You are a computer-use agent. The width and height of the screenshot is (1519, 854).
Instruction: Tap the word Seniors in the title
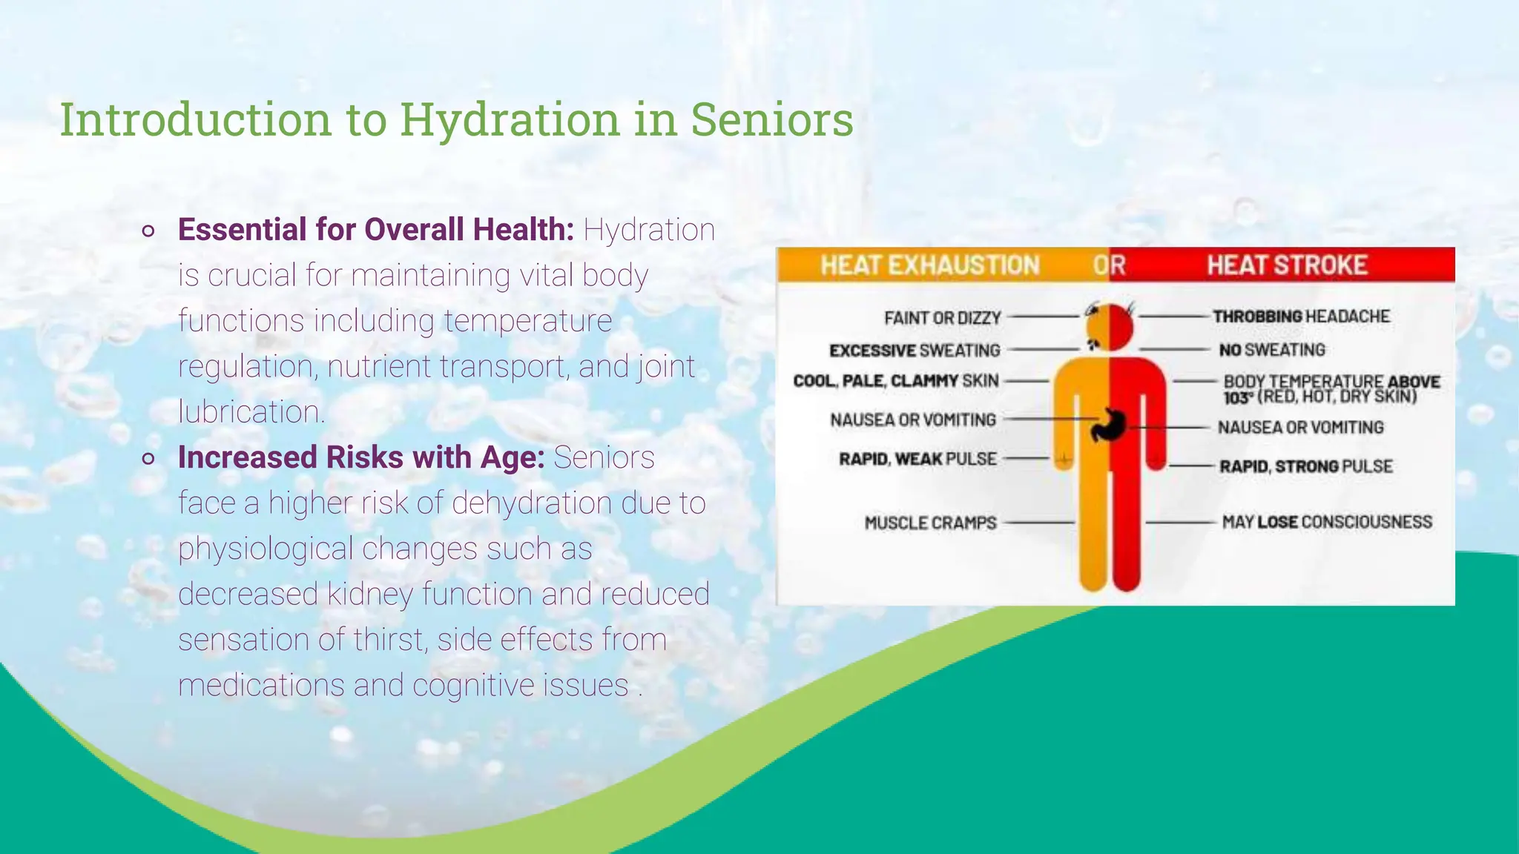[x=772, y=120]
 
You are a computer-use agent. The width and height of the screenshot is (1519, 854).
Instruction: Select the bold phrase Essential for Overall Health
[x=376, y=230]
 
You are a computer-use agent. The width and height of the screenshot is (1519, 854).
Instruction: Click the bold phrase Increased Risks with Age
[x=361, y=457]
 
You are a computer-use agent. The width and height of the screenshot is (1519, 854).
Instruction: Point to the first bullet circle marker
[x=148, y=231]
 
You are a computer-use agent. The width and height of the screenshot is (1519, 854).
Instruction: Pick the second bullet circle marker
[x=148, y=459]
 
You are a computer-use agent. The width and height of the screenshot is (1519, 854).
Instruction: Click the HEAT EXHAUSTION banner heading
[x=929, y=265]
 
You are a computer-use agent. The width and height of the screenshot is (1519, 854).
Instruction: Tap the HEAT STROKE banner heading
[x=1287, y=265]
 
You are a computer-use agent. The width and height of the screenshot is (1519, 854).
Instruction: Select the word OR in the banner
[x=1109, y=265]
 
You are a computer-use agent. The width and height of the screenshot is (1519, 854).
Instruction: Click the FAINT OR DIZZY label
[x=942, y=318]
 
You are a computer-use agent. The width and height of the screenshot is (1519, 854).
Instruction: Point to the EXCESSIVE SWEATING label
[x=915, y=350]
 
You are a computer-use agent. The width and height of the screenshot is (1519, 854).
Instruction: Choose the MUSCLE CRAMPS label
[x=930, y=523]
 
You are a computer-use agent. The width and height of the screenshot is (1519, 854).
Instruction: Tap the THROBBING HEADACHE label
[x=1301, y=317]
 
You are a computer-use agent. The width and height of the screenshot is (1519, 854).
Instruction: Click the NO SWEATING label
[x=1272, y=349]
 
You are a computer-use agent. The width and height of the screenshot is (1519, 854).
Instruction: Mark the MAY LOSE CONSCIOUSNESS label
[x=1327, y=522]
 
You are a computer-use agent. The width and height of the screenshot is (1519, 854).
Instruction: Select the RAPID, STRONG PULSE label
[x=1306, y=466]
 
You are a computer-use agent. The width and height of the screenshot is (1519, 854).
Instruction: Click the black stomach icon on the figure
[x=1109, y=425]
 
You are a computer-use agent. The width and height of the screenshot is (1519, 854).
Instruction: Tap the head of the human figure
[x=1110, y=327]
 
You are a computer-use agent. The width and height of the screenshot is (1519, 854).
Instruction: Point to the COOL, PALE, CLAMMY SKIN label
[x=896, y=381]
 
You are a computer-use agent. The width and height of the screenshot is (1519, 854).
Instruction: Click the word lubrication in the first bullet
[x=251, y=412]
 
